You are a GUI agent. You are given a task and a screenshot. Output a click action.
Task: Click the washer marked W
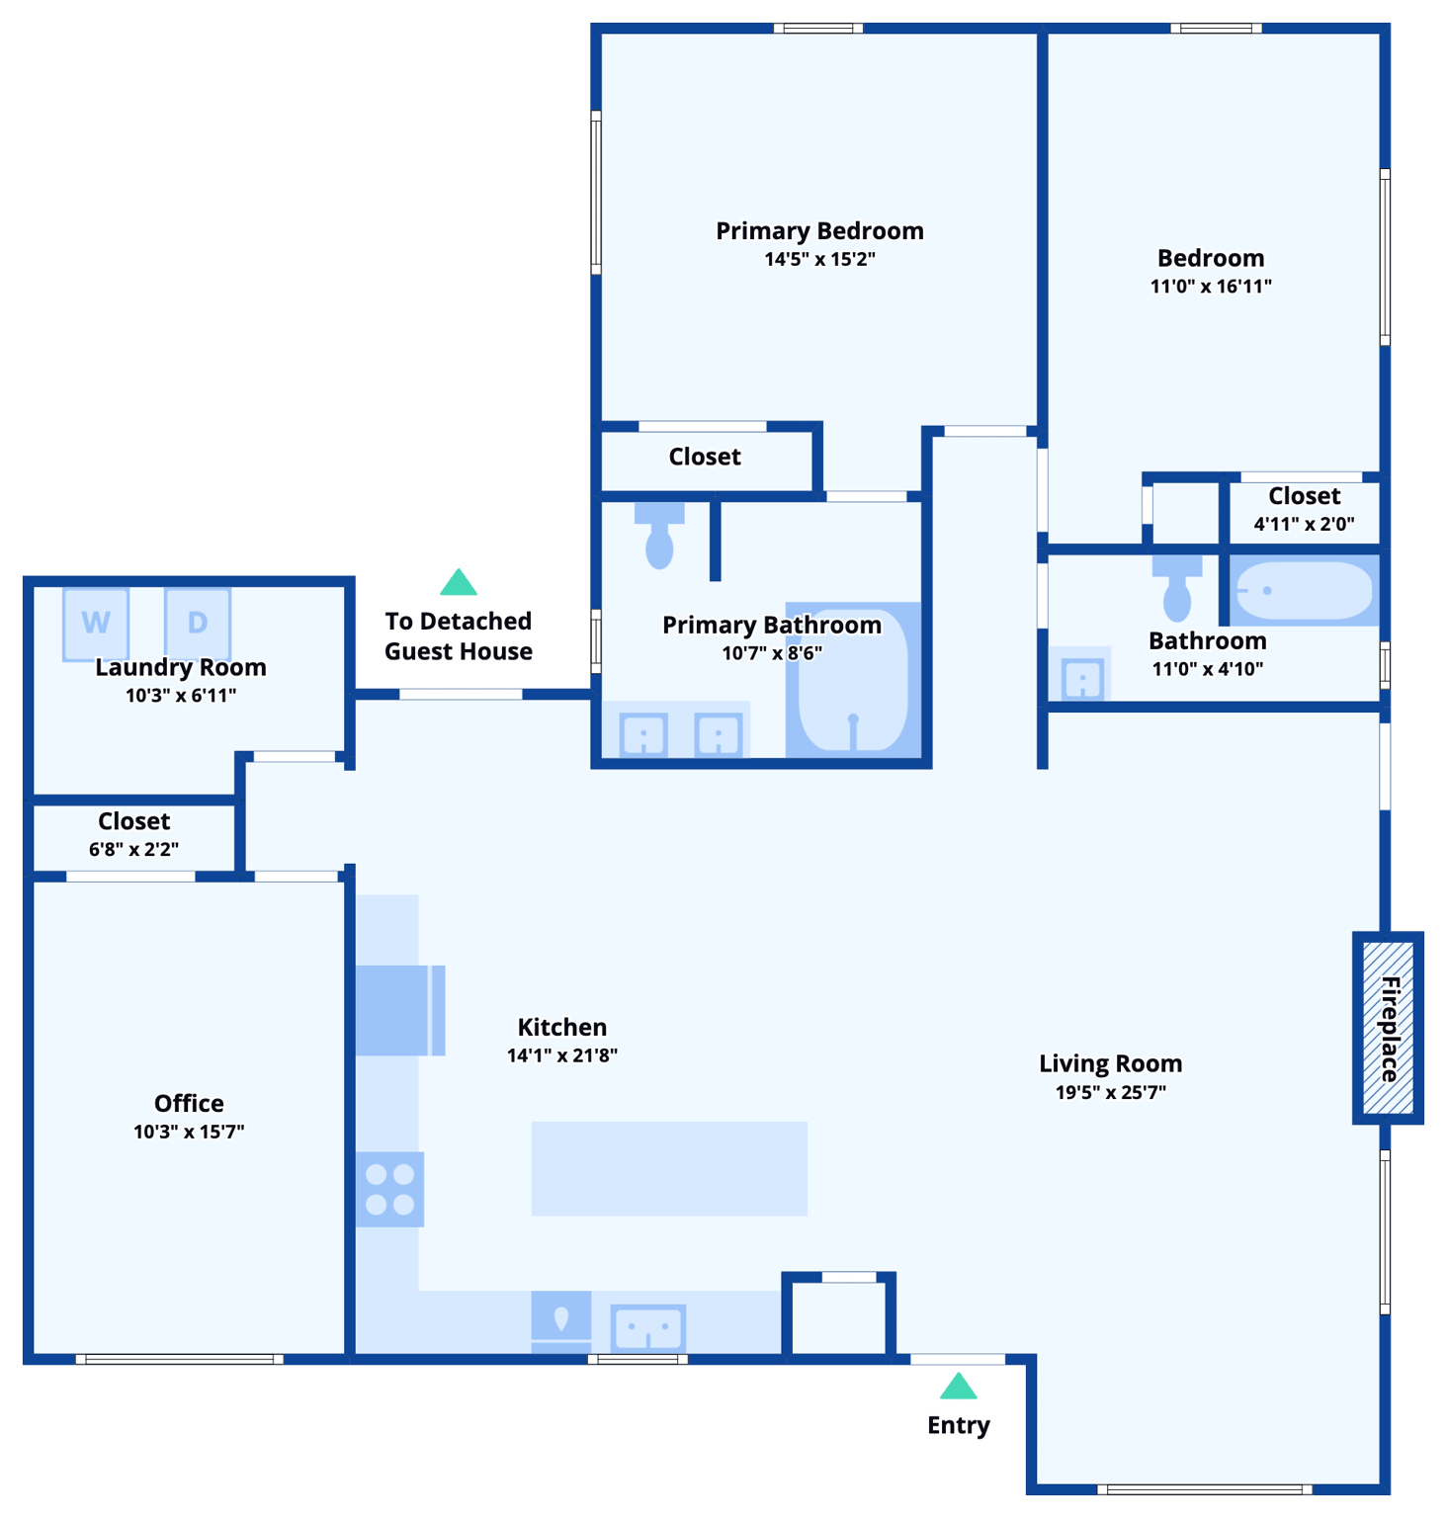coord(96,623)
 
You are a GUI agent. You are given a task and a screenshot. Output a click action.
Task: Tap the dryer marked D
coord(198,623)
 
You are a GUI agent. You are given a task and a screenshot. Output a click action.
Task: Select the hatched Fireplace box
coord(1388,1028)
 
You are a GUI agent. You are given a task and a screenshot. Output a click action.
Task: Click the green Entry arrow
coord(958,1387)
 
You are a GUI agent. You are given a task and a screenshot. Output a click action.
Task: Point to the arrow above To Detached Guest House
coord(459,583)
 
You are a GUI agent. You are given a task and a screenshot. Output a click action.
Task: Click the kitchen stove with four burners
coord(389,1189)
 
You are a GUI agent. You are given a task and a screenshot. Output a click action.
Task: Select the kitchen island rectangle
coord(669,1168)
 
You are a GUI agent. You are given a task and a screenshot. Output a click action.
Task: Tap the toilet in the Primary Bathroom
coord(659,537)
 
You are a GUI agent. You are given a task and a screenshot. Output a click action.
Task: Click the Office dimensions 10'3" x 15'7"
coord(189,1132)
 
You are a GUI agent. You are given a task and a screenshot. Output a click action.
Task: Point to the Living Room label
coord(1110,1063)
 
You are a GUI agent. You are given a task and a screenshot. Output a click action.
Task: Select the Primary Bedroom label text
coord(819,231)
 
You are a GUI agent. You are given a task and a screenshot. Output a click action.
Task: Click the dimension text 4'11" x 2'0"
coord(1304,524)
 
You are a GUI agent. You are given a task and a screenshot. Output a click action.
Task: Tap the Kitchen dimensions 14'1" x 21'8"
coord(561,1055)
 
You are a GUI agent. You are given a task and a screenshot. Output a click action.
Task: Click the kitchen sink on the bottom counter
coord(647,1327)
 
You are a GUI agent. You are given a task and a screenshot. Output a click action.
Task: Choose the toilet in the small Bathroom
coord(1177,589)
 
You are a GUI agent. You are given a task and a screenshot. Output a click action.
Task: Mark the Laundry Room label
coord(181,667)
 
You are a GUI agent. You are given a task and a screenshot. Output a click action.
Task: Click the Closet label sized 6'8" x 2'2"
coord(133,821)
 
